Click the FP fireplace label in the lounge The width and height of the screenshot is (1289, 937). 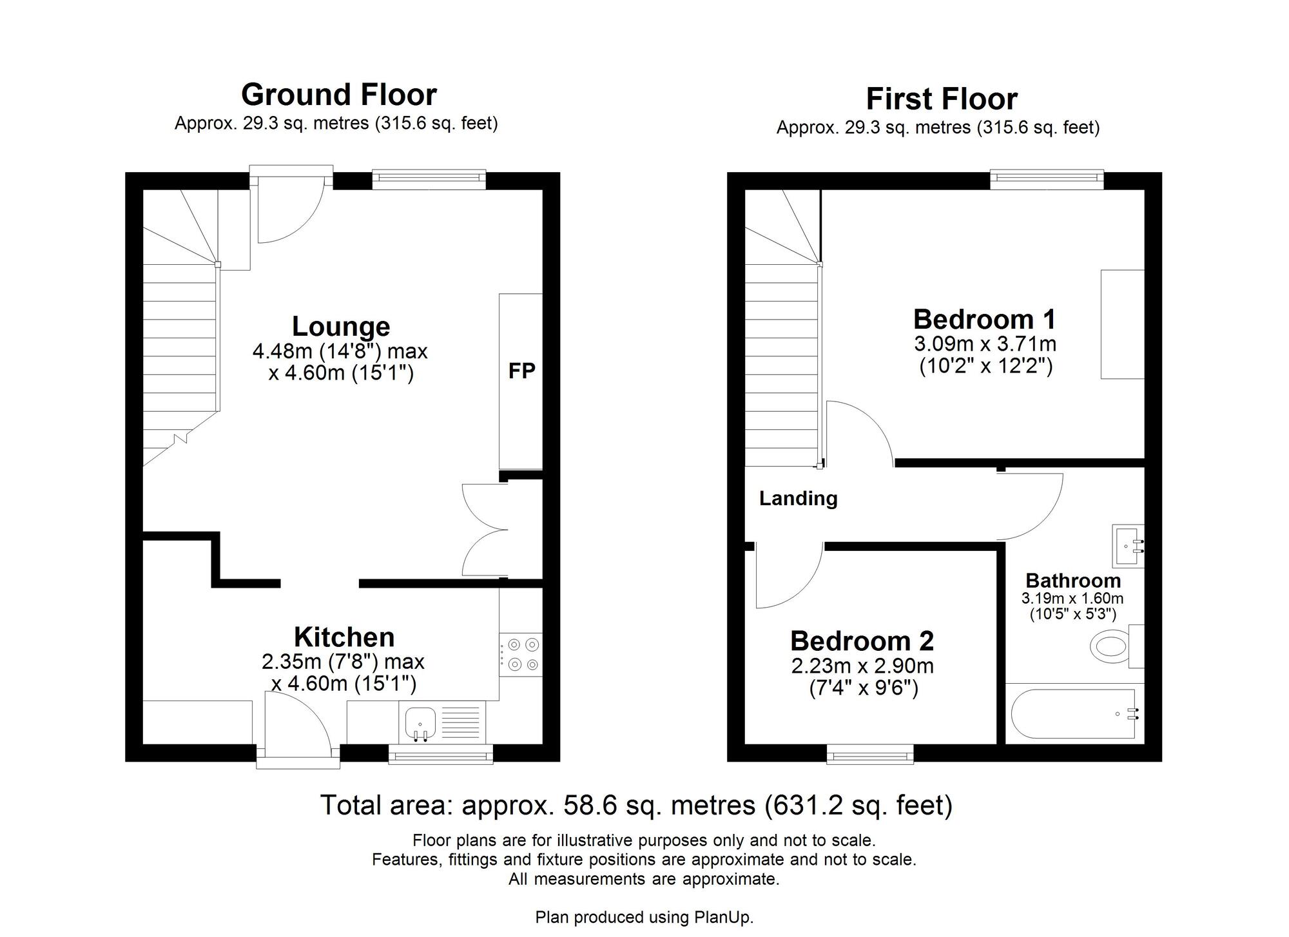[521, 371]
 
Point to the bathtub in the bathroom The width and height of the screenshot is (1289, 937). [1073, 714]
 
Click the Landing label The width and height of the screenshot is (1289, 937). [798, 498]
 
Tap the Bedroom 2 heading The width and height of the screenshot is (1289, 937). [862, 641]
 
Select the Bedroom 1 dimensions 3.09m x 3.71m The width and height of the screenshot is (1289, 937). [985, 343]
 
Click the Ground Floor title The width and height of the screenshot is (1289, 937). [339, 95]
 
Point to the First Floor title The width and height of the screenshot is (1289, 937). [941, 99]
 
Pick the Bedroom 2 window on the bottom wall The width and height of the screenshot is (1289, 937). [869, 755]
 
